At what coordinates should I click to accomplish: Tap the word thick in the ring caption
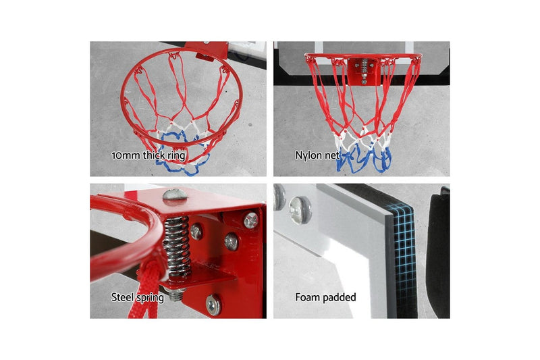click(x=154, y=155)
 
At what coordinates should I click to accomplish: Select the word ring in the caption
click(x=176, y=156)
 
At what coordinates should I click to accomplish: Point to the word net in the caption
click(x=332, y=156)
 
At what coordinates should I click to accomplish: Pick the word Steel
click(x=123, y=297)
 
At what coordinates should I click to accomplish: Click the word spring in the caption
click(x=150, y=298)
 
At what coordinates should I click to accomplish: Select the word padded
click(x=340, y=297)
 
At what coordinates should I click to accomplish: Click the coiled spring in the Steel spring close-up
click(x=177, y=246)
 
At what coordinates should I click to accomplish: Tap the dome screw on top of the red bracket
click(x=175, y=195)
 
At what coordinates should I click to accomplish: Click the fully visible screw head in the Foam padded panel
click(x=300, y=210)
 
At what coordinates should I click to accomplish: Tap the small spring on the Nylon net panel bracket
click(x=364, y=66)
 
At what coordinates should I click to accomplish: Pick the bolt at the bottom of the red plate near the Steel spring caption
click(x=213, y=305)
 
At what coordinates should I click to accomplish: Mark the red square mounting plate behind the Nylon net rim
click(x=364, y=72)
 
